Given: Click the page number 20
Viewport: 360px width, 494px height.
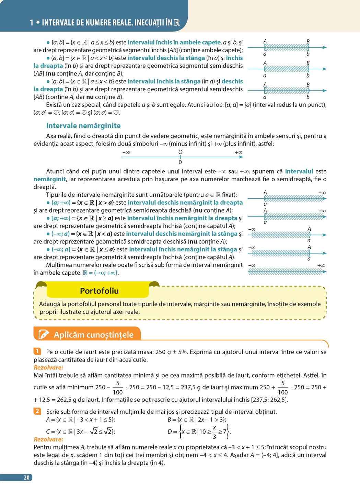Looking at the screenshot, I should (26, 478).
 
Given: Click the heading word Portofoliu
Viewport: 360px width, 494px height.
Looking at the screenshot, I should (99, 291).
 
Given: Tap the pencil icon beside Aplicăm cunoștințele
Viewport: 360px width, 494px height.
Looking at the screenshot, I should (44, 334).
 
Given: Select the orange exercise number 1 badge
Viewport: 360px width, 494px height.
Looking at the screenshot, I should (37, 351).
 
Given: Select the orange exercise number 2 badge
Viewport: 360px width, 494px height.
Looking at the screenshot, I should (37, 411).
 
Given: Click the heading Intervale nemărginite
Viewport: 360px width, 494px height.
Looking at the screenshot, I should (83, 126).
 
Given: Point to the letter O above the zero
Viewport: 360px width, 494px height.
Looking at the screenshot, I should (180, 152).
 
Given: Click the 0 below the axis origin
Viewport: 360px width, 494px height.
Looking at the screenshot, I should (180, 162).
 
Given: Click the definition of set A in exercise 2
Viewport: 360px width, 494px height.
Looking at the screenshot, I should (80, 420).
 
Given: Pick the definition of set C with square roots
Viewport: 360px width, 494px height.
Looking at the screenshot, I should (80, 432).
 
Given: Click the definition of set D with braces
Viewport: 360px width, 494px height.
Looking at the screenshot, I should (199, 431).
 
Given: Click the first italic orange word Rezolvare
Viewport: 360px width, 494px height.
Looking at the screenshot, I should (48, 367).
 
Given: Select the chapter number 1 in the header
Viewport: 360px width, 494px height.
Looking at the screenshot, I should (32, 23).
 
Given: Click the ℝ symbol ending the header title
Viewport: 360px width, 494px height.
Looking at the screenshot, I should (176, 23).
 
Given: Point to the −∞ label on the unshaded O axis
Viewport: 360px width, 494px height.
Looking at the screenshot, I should (126, 152).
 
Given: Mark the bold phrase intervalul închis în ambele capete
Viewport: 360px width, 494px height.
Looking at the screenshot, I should (174, 43).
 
